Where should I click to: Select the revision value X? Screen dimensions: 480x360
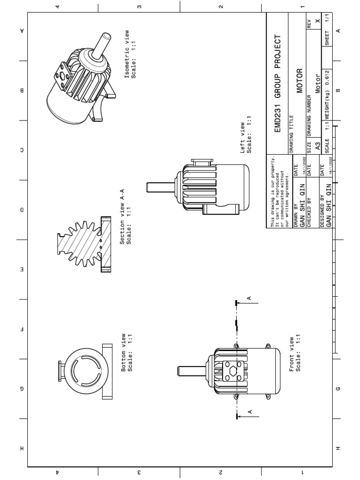click(x=317, y=22)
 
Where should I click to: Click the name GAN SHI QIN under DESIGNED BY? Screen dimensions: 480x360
click(x=329, y=208)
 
